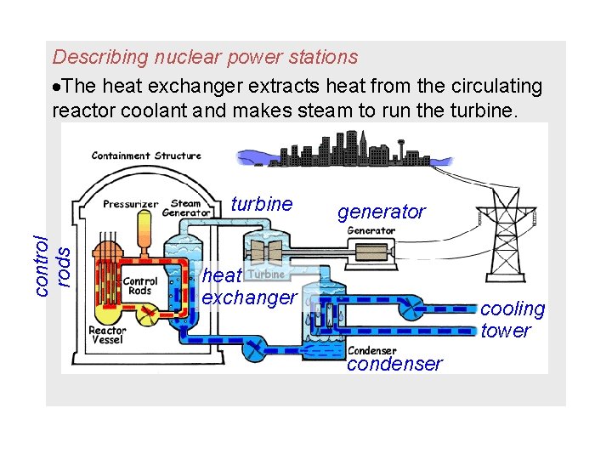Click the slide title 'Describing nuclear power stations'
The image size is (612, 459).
click(205, 57)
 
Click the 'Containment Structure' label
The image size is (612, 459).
click(146, 156)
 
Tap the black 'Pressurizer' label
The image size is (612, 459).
click(131, 204)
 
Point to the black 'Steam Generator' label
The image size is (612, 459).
click(186, 208)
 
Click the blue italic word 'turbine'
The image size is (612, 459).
click(261, 204)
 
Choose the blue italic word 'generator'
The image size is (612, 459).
click(382, 212)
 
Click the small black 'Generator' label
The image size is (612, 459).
click(371, 230)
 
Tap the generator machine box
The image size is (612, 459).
click(371, 252)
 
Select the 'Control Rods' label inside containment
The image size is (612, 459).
click(139, 286)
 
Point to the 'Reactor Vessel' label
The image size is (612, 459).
click(107, 335)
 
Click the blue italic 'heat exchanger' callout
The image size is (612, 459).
click(246, 286)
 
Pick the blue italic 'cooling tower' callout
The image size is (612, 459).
click(513, 320)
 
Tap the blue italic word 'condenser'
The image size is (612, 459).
click(394, 364)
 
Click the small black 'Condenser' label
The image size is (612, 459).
click(371, 350)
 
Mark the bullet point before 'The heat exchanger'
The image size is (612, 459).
click(57, 87)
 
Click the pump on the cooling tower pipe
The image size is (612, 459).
click(416, 308)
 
